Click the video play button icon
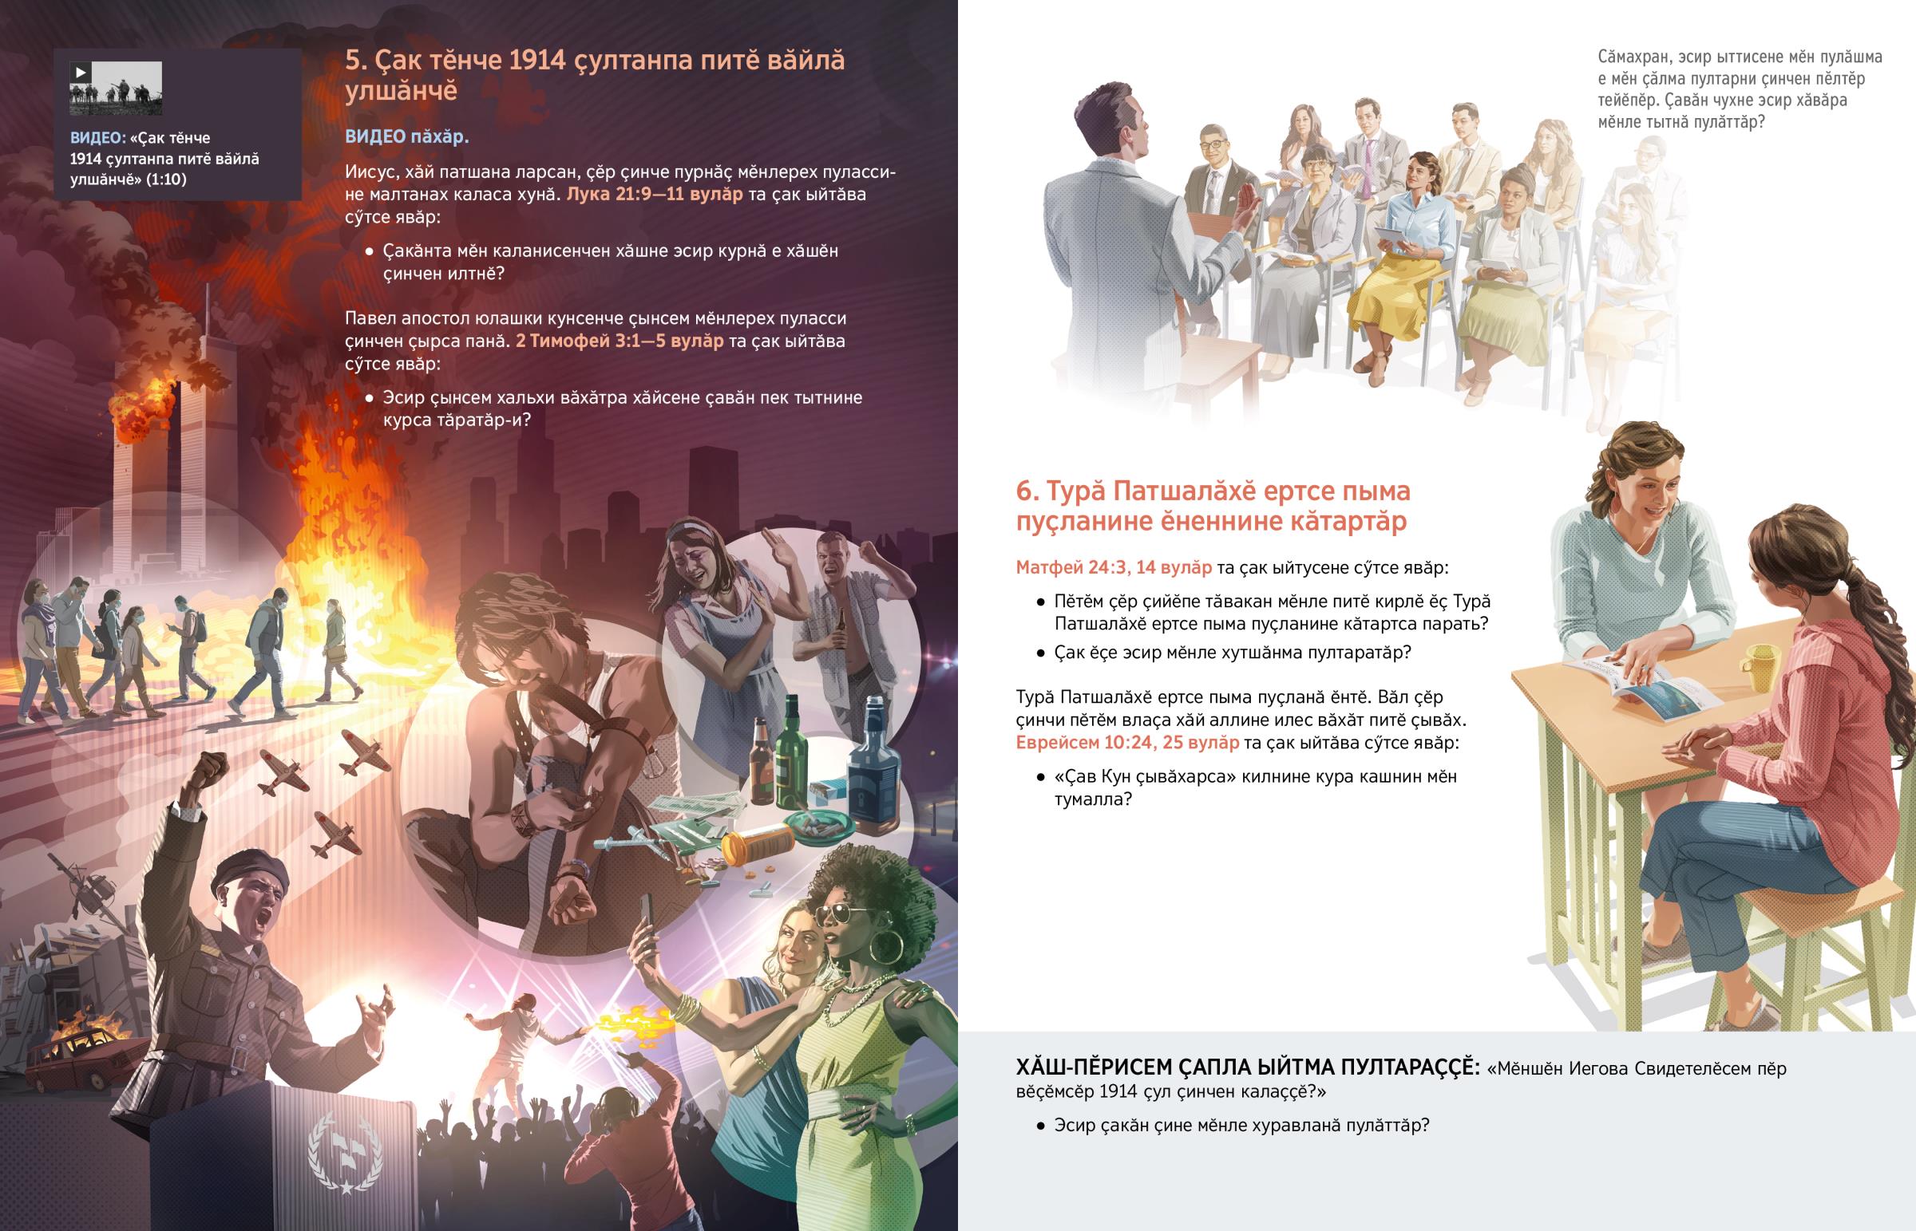[80, 72]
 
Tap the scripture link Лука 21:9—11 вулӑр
[655, 194]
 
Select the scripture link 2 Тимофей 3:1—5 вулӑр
[620, 341]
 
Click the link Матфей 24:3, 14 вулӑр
[1114, 567]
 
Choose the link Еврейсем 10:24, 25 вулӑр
[1127, 743]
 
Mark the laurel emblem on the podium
[346, 1151]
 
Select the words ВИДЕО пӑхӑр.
[407, 136]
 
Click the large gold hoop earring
[886, 948]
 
